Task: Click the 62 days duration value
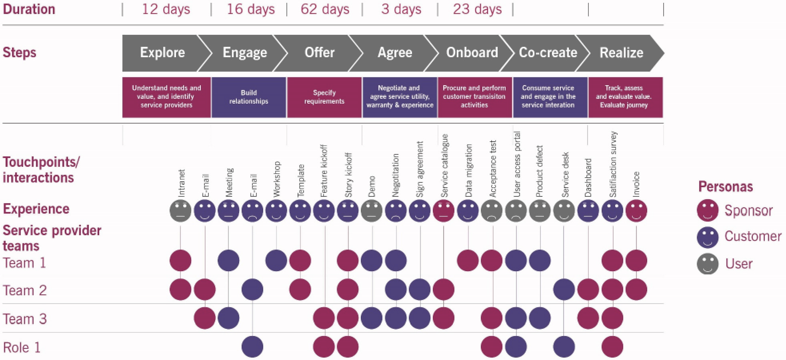(x=325, y=9)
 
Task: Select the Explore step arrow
(x=162, y=53)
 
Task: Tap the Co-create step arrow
(x=548, y=53)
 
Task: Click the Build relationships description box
(x=248, y=97)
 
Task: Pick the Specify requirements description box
(x=324, y=97)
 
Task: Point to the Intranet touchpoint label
(x=181, y=183)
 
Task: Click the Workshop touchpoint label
(x=276, y=179)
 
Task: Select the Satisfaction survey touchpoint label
(x=613, y=164)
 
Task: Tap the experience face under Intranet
(x=180, y=211)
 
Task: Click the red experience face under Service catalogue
(x=444, y=211)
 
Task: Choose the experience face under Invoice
(x=636, y=211)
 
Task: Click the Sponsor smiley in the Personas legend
(x=708, y=211)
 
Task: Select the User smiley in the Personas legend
(x=708, y=264)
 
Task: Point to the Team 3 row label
(x=25, y=319)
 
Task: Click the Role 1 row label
(x=22, y=347)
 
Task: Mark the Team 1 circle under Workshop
(x=276, y=260)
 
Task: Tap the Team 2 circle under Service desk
(x=564, y=289)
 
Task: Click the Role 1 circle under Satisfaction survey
(x=612, y=346)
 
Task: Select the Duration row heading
(x=29, y=9)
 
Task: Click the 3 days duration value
(x=401, y=9)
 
